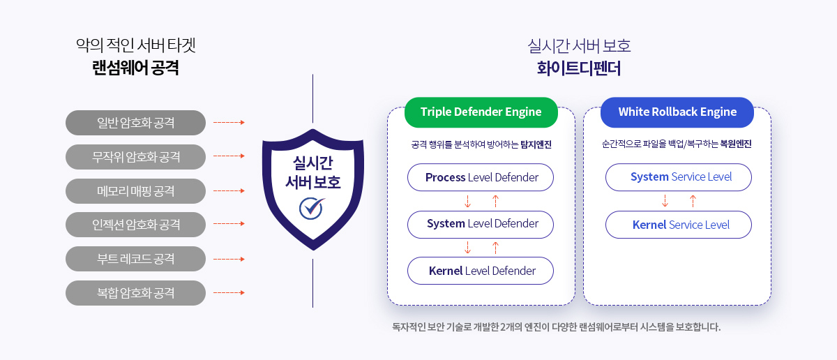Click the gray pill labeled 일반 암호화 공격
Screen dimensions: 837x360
(135, 123)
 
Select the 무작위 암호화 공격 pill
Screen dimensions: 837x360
(135, 157)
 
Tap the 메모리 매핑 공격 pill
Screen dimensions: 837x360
(135, 191)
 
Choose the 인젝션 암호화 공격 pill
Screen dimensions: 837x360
(135, 225)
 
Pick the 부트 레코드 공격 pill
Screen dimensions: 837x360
(135, 259)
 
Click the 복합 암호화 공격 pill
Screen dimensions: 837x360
(135, 293)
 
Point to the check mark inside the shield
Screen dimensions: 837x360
(312, 208)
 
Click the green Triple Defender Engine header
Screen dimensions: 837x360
(481, 112)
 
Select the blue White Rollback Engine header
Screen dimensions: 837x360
(677, 112)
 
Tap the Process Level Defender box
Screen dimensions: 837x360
(481, 177)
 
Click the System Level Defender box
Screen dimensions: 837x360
(481, 224)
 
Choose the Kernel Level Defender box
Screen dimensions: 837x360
(481, 271)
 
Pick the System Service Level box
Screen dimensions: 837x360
(679, 177)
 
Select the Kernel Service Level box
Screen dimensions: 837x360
(679, 225)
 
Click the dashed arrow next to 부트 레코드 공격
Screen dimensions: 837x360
(229, 259)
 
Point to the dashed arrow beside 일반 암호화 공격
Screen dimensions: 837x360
(229, 122)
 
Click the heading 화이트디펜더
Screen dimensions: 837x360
(579, 68)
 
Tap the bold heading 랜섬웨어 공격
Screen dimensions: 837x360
(135, 68)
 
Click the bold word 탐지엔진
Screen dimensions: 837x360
(536, 144)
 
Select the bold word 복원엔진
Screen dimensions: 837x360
(736, 144)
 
